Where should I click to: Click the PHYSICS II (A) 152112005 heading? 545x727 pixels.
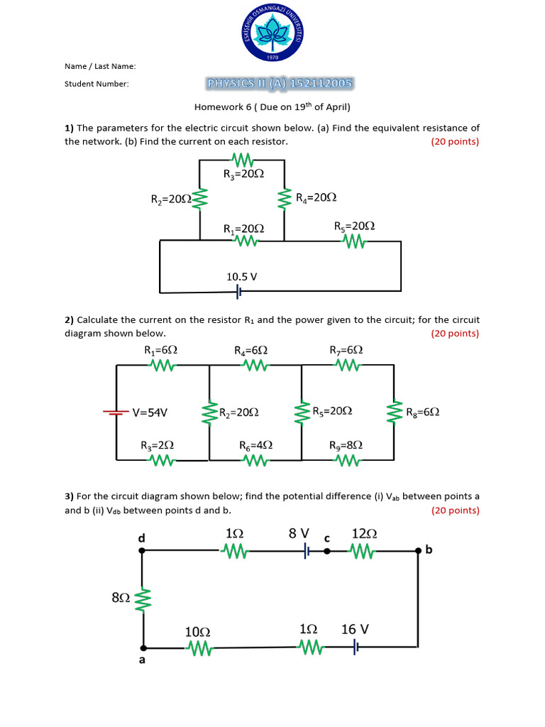pos(280,84)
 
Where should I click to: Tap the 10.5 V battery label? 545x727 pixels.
pos(241,276)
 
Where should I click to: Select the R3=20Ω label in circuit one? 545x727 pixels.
pos(243,173)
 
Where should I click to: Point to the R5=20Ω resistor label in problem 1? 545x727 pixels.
pos(354,226)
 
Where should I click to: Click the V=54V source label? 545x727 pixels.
pos(150,412)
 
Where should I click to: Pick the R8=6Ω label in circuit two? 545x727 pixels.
pos(422,412)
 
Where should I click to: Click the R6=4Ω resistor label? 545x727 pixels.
pos(255,445)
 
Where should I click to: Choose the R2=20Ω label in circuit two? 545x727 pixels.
pos(238,412)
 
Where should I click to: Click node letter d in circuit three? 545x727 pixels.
pos(141,538)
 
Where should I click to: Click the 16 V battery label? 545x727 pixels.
pos(355,629)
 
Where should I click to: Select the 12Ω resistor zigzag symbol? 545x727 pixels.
pos(361,551)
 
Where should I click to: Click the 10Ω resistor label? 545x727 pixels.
pos(197,631)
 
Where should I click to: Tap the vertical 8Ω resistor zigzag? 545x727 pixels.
pos(144,598)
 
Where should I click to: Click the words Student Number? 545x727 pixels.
pos(97,84)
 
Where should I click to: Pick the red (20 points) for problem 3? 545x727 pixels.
pos(455,510)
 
